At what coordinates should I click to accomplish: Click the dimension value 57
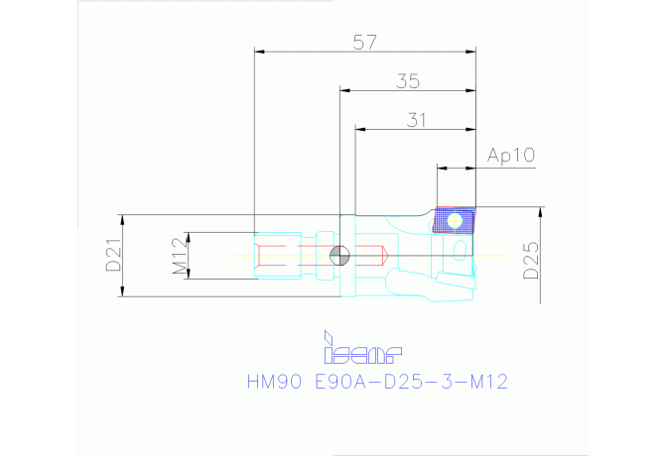(x=365, y=43)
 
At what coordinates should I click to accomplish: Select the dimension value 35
(x=408, y=81)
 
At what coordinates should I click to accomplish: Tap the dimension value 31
(x=416, y=120)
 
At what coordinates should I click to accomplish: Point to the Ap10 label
(x=511, y=156)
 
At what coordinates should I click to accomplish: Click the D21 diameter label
(x=114, y=256)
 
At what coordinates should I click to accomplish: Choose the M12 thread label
(x=180, y=256)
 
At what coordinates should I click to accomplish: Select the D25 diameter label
(x=531, y=260)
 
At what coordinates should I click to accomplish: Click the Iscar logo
(x=363, y=348)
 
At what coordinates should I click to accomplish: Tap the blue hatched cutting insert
(x=454, y=221)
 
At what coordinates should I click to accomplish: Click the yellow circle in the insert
(x=455, y=221)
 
